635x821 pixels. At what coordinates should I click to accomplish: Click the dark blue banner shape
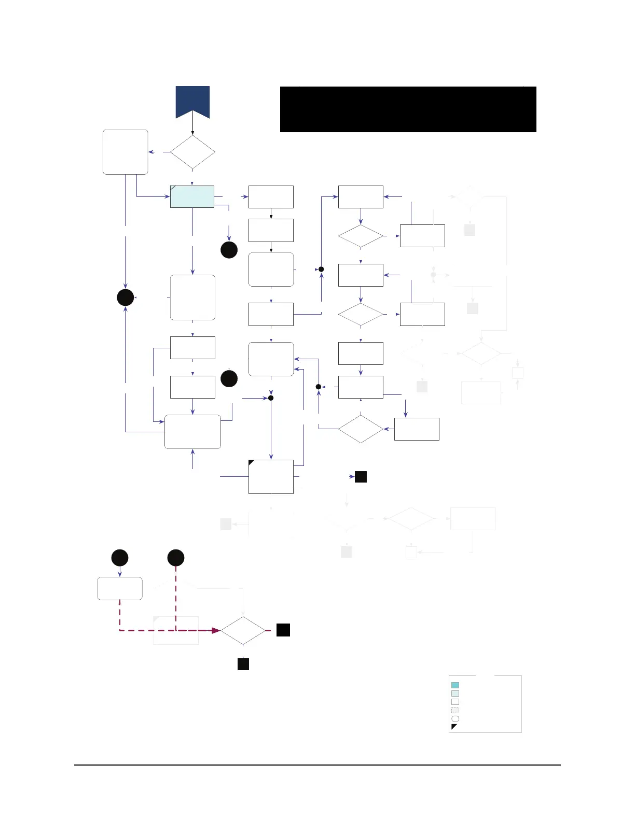point(192,101)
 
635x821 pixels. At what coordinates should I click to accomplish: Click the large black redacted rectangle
point(408,109)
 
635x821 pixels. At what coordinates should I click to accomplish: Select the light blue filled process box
point(192,196)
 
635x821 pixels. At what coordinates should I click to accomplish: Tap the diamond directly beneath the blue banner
point(192,152)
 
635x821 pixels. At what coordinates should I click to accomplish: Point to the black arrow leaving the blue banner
point(192,126)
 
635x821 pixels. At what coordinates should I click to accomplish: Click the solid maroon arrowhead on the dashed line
point(215,630)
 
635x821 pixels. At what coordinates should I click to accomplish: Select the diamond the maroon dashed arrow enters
point(243,631)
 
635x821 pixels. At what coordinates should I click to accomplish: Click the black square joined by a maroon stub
point(283,630)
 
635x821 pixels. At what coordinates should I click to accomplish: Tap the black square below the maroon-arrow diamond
point(243,664)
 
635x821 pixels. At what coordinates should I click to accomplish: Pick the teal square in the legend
point(455,685)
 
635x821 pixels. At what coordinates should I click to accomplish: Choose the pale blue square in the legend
point(455,693)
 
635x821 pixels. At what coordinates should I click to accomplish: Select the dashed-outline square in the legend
point(455,710)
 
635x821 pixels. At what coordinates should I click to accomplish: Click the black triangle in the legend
point(454,726)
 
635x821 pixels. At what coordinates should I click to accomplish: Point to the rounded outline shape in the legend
point(455,718)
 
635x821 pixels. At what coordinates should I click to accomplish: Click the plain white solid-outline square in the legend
point(455,702)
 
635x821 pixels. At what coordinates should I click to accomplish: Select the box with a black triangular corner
point(271,476)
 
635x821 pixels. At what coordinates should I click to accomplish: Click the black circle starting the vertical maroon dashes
point(176,558)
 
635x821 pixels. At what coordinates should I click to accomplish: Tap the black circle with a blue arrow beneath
point(120,558)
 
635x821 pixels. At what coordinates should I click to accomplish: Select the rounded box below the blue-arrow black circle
point(120,588)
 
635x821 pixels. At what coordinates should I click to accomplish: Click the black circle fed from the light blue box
point(229,250)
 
